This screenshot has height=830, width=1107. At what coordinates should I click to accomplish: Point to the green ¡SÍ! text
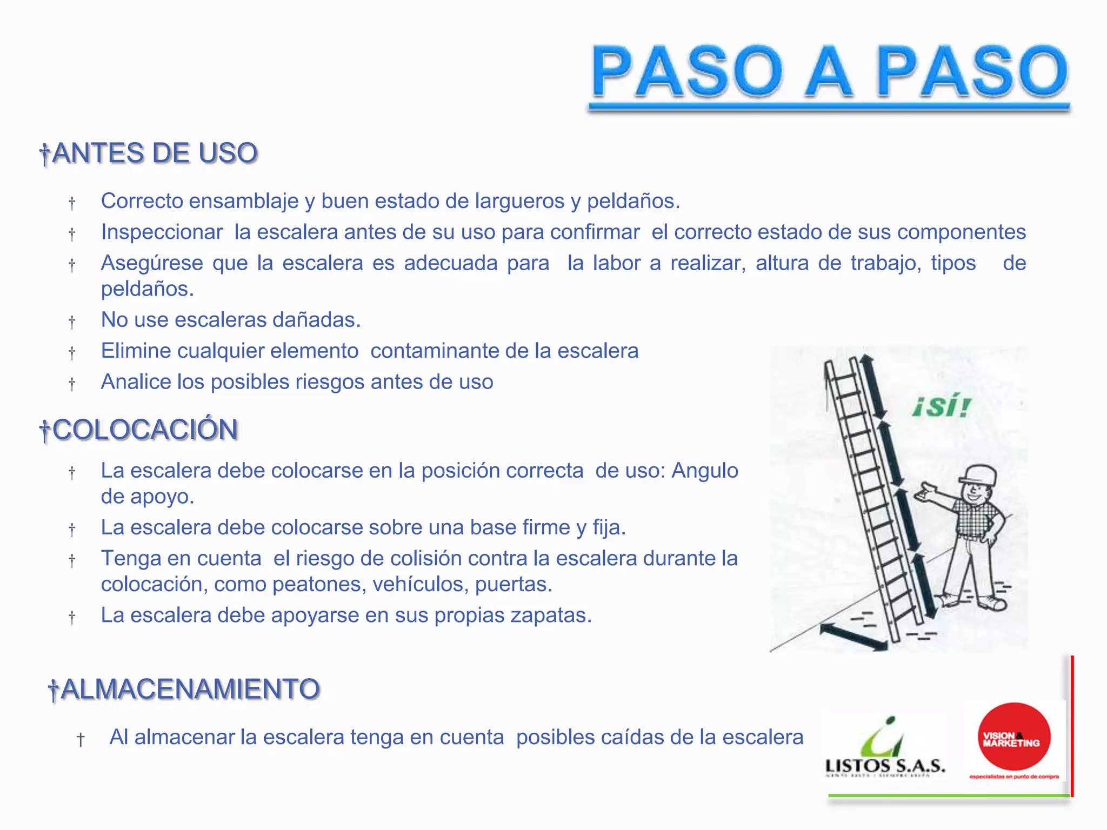point(942,406)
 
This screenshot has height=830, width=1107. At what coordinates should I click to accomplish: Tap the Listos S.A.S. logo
point(885,748)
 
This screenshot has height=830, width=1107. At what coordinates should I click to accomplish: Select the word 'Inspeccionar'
point(162,232)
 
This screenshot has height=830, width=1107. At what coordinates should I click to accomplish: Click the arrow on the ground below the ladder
point(853,637)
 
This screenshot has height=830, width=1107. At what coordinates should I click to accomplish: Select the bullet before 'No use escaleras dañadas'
point(72,322)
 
